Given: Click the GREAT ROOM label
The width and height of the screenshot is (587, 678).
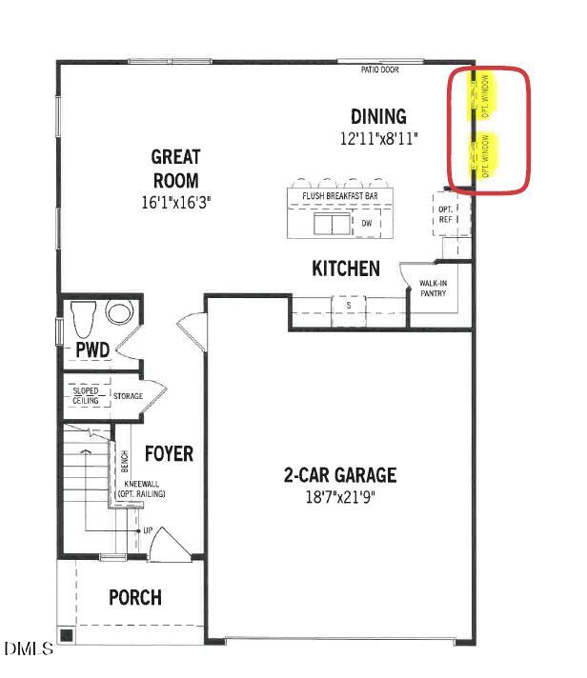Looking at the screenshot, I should (175, 168).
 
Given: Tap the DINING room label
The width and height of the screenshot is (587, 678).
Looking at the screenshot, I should (378, 117).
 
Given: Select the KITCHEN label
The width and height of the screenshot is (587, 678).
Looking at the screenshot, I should (346, 269).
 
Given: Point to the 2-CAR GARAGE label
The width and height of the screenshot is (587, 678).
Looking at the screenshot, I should (339, 475).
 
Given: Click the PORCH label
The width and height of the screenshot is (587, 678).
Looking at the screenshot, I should (134, 598).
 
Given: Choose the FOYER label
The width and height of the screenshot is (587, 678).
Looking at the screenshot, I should (169, 453).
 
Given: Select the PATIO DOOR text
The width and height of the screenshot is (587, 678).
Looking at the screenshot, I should (379, 70).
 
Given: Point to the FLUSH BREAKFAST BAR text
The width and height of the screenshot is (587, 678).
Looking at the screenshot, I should (340, 196).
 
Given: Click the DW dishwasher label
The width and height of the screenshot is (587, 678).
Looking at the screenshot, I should (366, 224).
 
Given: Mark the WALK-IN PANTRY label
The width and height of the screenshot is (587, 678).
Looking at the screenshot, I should (427, 289).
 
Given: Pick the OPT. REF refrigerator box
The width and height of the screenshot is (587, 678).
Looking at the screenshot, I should (445, 214).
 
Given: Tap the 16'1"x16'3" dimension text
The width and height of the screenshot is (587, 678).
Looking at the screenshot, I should (175, 202).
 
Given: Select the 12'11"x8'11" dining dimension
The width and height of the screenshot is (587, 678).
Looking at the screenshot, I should (379, 139).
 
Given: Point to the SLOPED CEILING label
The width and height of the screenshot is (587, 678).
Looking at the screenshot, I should (86, 395).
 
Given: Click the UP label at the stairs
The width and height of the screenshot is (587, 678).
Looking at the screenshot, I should (147, 529).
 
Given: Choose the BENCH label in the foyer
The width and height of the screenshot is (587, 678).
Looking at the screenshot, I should (125, 461).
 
